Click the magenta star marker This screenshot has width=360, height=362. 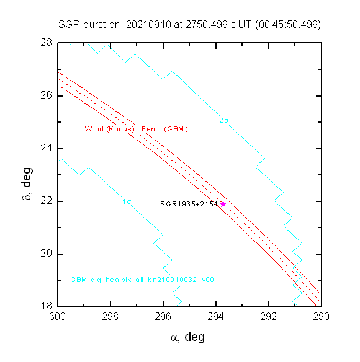point(223,204)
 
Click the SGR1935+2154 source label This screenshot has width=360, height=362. point(189,204)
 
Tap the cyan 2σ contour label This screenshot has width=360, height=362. point(224,120)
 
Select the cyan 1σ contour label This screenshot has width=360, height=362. point(127,202)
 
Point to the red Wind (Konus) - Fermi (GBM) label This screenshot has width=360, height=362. point(136,129)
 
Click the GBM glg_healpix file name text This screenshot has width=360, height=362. point(142,280)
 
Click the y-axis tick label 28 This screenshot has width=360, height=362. point(47,43)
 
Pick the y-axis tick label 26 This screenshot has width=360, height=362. point(47,95)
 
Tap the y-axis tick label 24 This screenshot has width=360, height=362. point(47,148)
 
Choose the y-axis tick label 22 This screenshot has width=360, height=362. point(47,201)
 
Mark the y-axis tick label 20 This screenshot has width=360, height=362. point(47,254)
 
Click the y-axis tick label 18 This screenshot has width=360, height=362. point(47,306)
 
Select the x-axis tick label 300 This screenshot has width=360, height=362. point(58,317)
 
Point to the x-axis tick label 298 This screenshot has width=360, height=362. point(110,317)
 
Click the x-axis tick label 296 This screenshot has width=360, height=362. point(163,317)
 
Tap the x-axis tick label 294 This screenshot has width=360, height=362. point(216,317)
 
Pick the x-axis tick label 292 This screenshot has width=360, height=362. point(269,317)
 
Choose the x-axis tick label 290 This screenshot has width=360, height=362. point(321,317)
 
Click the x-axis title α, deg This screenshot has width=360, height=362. point(187,337)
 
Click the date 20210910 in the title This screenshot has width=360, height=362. point(149,24)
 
